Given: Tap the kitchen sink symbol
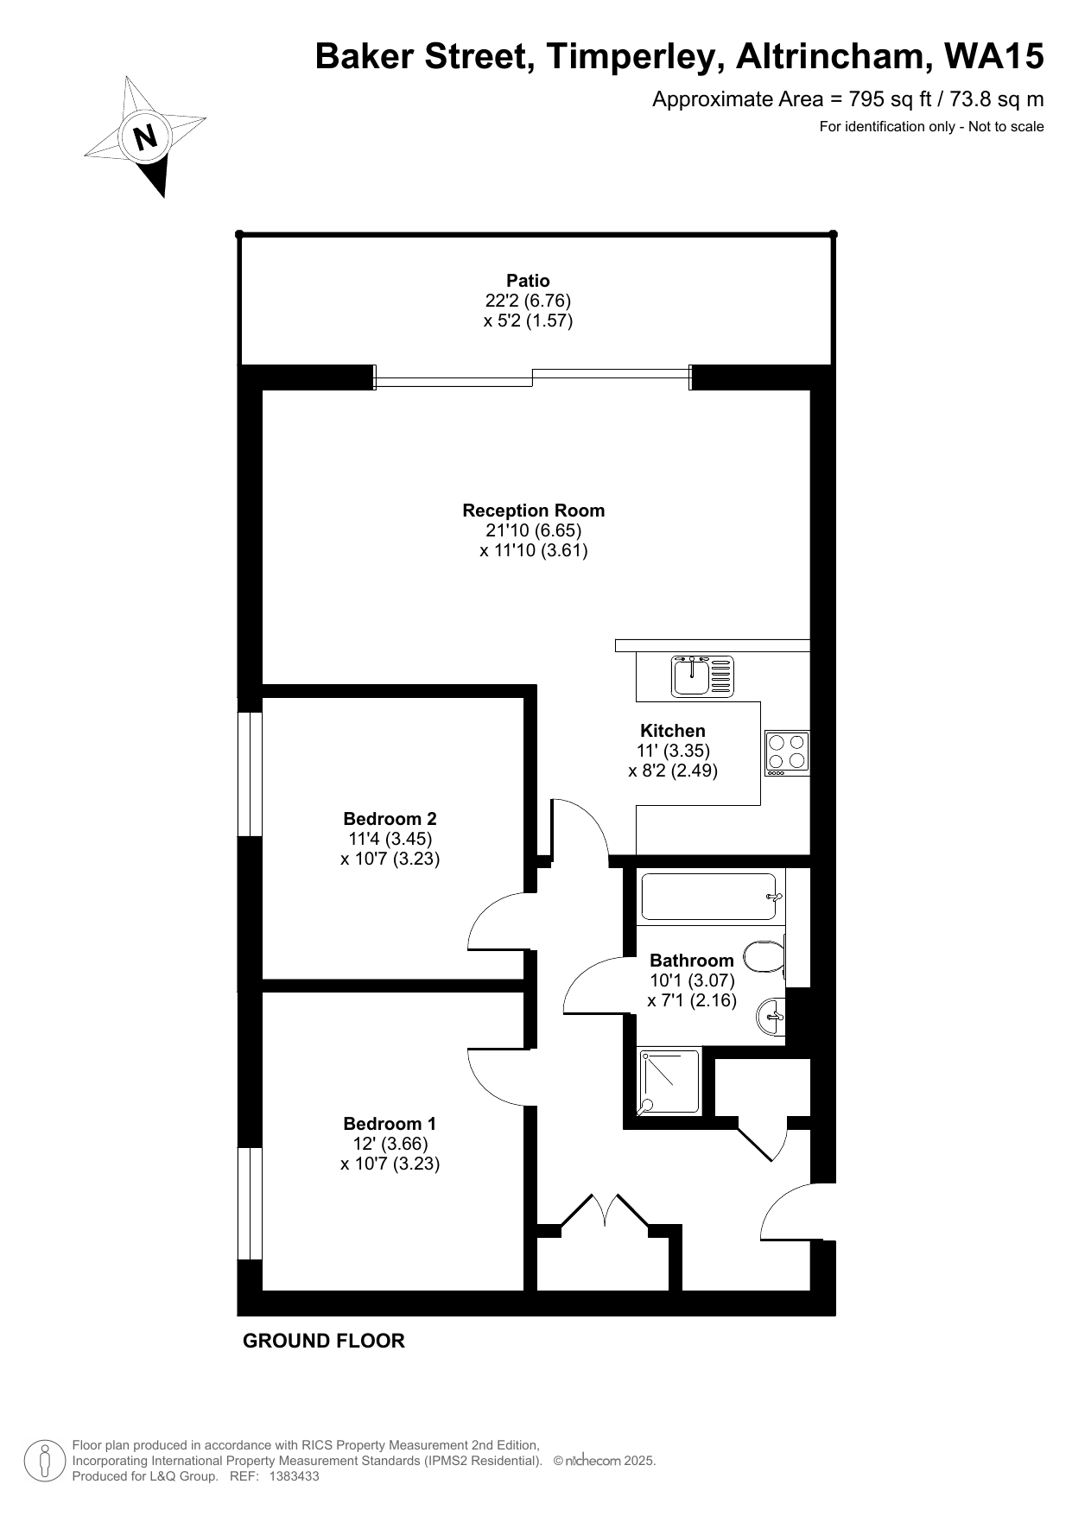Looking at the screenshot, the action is click(702, 676).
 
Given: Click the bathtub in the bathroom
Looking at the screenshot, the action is click(711, 896).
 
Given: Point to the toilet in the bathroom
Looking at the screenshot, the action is click(764, 956).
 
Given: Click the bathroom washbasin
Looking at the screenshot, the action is click(771, 1015).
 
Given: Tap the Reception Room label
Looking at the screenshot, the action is click(534, 511).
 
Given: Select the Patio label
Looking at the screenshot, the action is click(528, 281).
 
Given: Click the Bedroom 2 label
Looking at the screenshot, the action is click(390, 819).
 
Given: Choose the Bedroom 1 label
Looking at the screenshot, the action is click(390, 1124).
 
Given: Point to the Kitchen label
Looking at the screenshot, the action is click(673, 731).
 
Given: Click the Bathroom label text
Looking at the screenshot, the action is click(692, 961).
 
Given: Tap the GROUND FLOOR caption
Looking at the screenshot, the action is click(324, 1341).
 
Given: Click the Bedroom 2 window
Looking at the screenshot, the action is click(250, 774).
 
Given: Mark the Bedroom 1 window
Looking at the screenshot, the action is click(250, 1203).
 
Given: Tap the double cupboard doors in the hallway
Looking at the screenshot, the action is click(606, 1209).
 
